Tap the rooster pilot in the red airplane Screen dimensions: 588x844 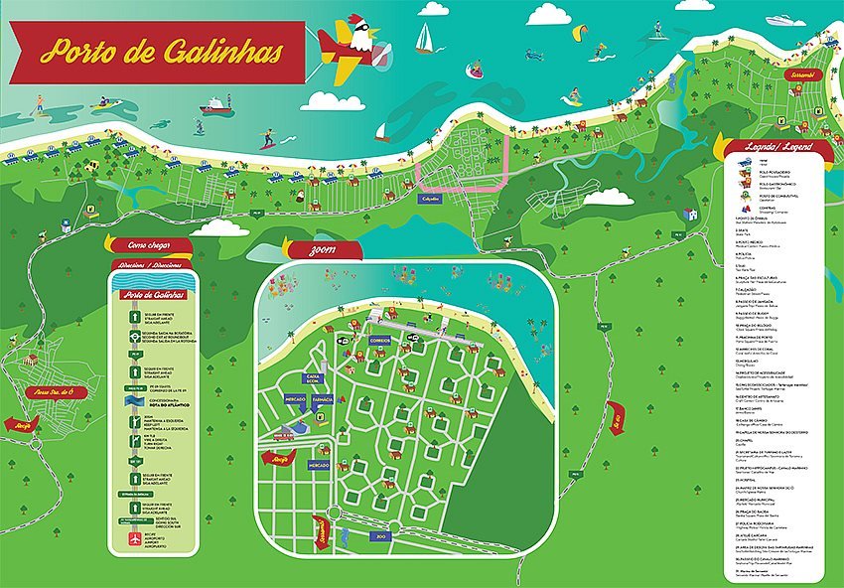(x=366, y=38)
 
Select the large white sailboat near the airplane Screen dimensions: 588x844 (x=424, y=39)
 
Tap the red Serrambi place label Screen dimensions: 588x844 (x=800, y=74)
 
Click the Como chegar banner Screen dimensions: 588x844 (x=145, y=245)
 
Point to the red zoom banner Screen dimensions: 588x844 (x=323, y=249)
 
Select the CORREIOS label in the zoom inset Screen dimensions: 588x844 (x=380, y=340)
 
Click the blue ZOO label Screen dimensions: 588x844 (x=380, y=536)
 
